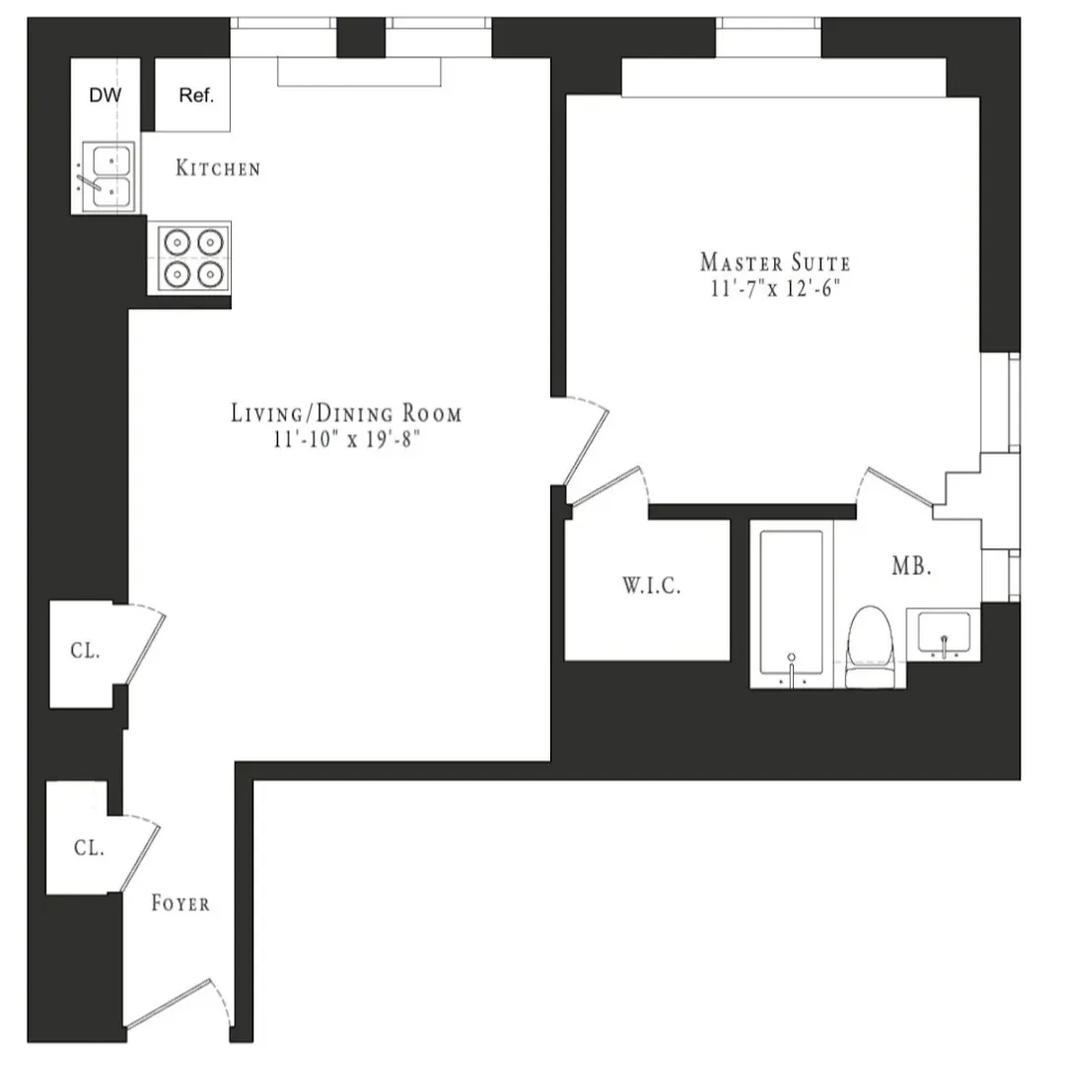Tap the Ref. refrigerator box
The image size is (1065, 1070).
click(x=195, y=96)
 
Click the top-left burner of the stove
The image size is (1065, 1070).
click(x=176, y=242)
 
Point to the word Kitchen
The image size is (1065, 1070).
click(x=218, y=169)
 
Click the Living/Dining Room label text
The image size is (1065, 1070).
click(x=345, y=413)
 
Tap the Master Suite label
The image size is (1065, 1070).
click(x=774, y=262)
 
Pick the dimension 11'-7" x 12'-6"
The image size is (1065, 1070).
click(x=774, y=289)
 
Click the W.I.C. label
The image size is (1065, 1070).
click(x=652, y=586)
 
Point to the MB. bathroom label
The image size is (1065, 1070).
click(x=911, y=567)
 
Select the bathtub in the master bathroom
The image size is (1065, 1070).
click(x=791, y=604)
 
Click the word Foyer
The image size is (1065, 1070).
click(x=179, y=902)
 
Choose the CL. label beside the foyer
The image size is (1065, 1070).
click(x=89, y=848)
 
